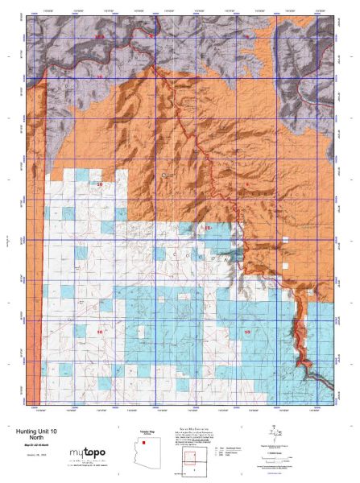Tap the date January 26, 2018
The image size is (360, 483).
(39, 459)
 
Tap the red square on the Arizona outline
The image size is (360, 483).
(143, 443)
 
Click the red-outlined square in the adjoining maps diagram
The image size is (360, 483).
(191, 460)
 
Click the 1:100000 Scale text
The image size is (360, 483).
(278, 451)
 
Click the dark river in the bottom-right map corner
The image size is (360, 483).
(310, 370)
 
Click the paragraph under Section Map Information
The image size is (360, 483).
(193, 440)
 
